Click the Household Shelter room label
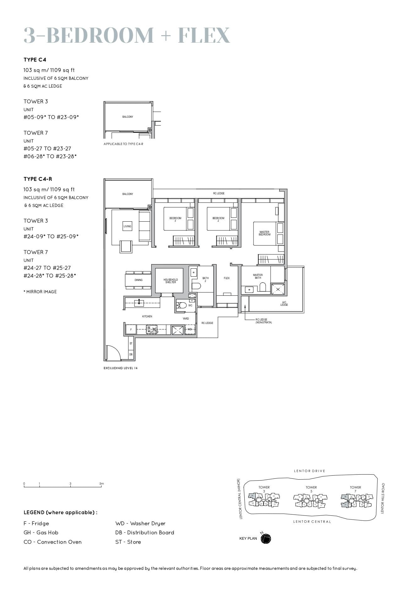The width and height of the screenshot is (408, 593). coord(171,281)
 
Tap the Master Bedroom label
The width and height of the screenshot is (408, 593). coord(264,233)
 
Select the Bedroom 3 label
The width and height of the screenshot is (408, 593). coord(175,219)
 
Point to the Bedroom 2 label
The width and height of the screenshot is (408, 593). coord(218,219)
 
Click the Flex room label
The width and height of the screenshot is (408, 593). coord(226,278)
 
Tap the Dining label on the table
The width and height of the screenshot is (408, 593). coord(139,280)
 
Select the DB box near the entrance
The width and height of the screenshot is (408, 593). coord(131,354)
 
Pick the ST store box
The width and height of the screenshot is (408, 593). coord(131,343)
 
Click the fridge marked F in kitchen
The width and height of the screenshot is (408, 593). coord(131,330)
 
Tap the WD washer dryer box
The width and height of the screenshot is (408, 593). coord(190,329)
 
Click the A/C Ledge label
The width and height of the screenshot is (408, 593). coord(284,304)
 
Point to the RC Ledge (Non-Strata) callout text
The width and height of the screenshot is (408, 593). coord(264,321)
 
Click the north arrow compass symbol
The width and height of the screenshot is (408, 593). coord(266,539)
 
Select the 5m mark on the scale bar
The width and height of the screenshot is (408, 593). coord(101,484)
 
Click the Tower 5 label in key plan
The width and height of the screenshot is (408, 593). coord(311,489)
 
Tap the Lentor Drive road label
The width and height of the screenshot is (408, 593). coord(309,471)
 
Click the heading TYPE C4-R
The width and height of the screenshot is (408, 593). coord(38,179)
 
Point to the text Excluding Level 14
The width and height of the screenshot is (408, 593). coord(121,368)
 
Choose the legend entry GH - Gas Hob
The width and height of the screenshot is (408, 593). coord(41,532)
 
